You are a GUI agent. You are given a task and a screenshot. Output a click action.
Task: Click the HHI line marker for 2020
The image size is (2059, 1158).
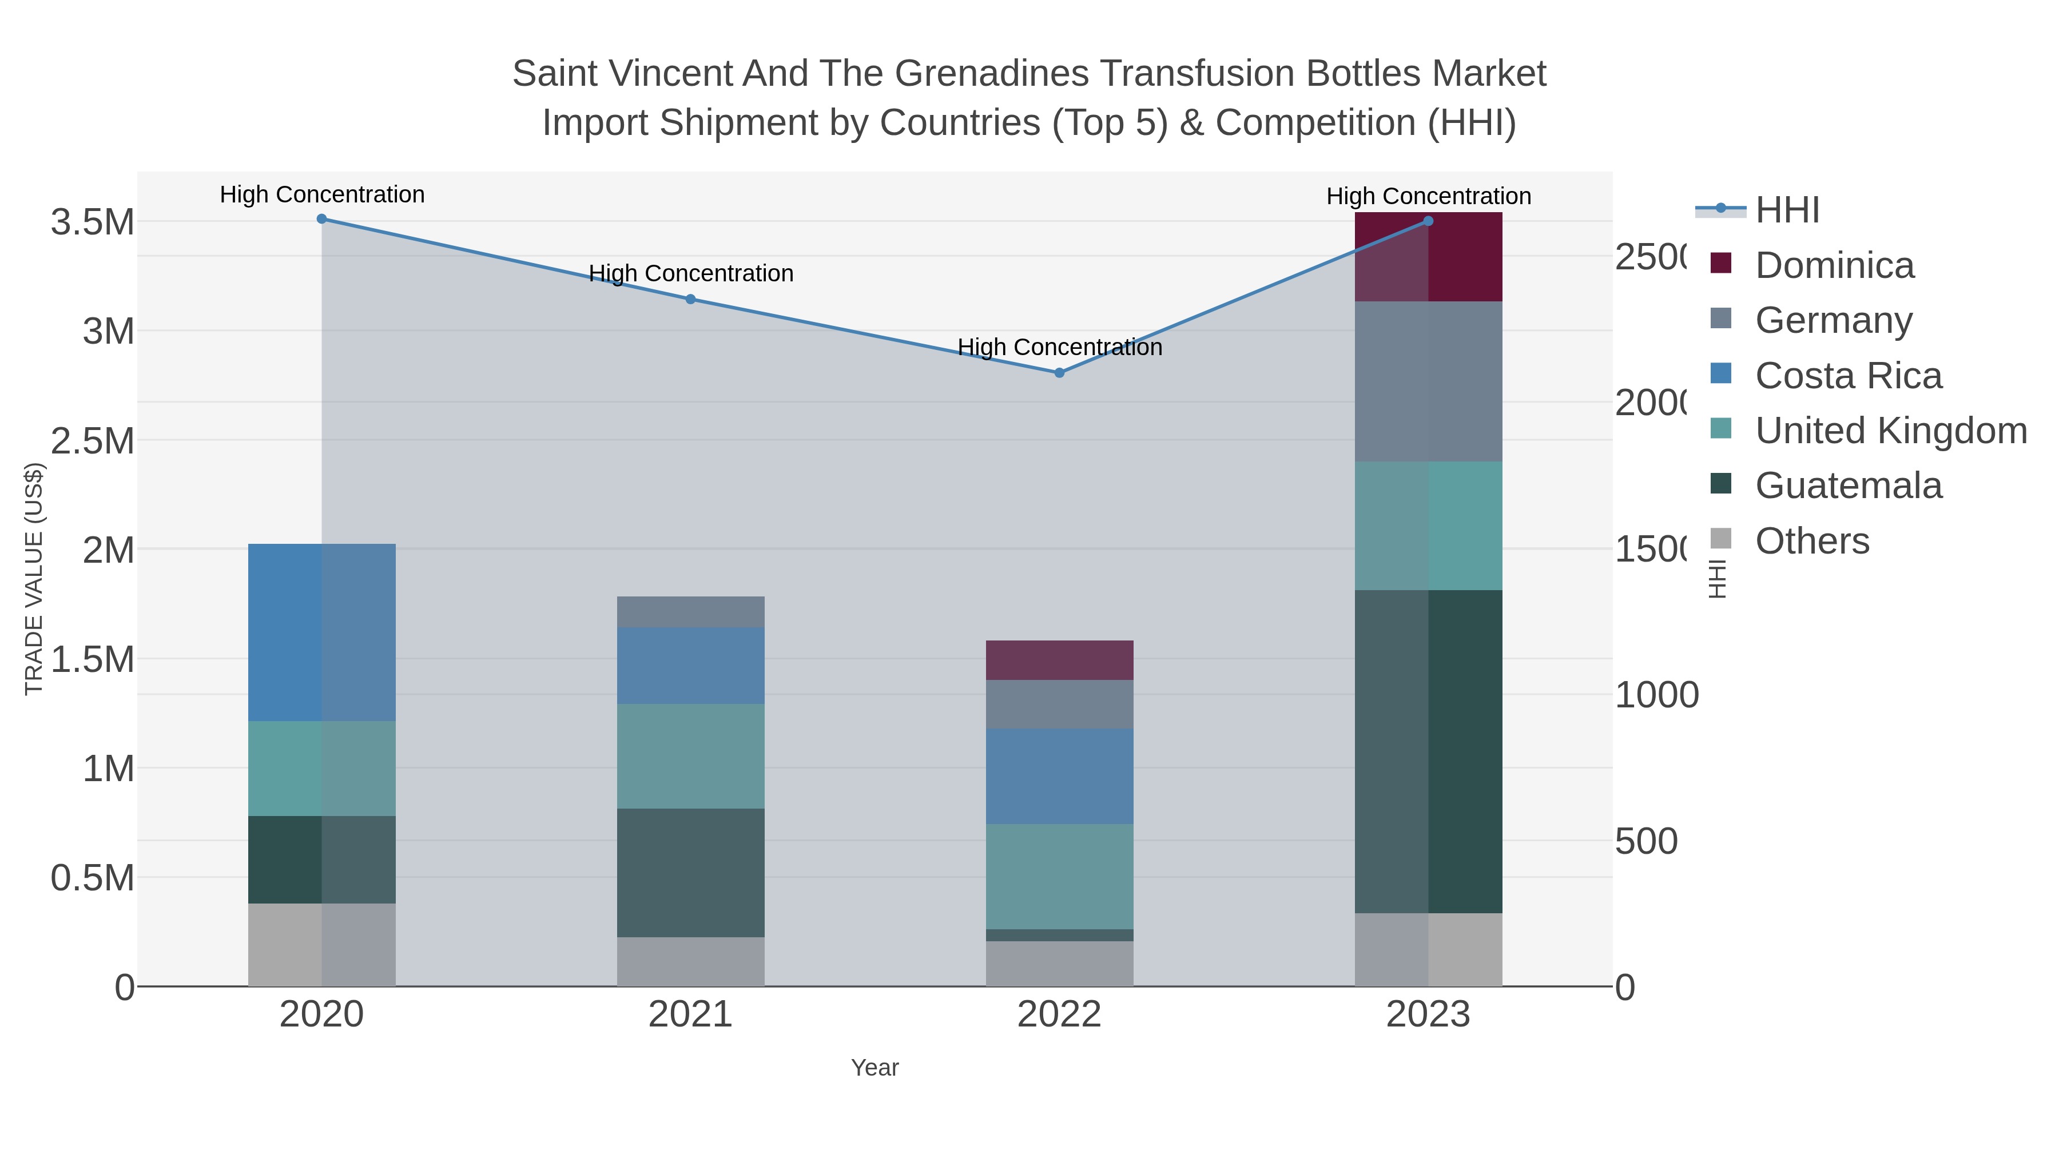[x=321, y=219]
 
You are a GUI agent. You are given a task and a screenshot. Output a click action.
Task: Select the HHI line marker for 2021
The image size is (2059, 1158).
[x=690, y=299]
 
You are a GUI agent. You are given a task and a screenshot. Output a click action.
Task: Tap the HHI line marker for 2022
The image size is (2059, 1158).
[x=1059, y=372]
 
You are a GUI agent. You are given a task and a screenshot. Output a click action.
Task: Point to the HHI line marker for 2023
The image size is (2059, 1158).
[x=1428, y=221]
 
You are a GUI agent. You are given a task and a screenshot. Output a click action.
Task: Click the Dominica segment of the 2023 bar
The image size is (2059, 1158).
[x=1428, y=257]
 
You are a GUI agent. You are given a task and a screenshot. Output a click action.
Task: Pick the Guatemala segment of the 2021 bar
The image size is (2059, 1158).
[x=690, y=872]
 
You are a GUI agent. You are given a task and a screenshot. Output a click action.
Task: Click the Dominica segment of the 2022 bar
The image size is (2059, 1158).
[x=1059, y=660]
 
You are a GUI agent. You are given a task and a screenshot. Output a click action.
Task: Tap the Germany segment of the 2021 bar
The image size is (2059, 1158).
[x=690, y=612]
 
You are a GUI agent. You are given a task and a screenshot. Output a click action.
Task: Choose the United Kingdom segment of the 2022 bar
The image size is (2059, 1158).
[x=1059, y=876]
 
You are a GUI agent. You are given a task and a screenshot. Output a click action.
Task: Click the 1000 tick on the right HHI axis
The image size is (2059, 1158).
[x=1656, y=695]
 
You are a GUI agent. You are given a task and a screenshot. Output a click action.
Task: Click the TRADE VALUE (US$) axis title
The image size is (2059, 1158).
[x=34, y=579]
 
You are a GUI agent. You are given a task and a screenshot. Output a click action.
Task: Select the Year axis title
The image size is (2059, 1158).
[x=875, y=1068]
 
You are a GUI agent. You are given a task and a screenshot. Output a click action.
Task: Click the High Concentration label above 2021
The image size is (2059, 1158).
[x=690, y=273]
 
